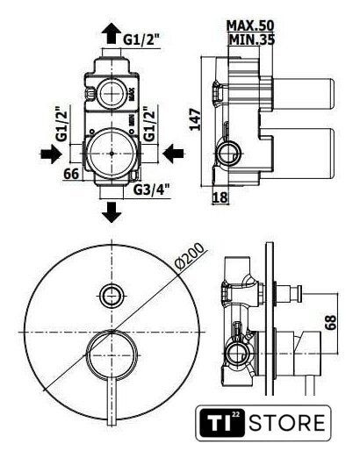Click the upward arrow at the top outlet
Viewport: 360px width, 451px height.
click(112, 33)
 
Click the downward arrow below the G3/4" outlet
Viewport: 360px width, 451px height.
click(112, 212)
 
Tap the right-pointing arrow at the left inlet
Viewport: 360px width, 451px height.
click(51, 154)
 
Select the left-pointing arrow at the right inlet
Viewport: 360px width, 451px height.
click(173, 154)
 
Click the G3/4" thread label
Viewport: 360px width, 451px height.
click(152, 190)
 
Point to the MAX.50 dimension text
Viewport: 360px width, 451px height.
click(250, 25)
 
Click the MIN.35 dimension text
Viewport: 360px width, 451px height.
click(252, 39)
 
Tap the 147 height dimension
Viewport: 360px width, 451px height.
click(195, 119)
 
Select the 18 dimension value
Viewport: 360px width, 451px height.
click(220, 197)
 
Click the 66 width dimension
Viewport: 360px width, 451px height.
click(71, 174)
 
